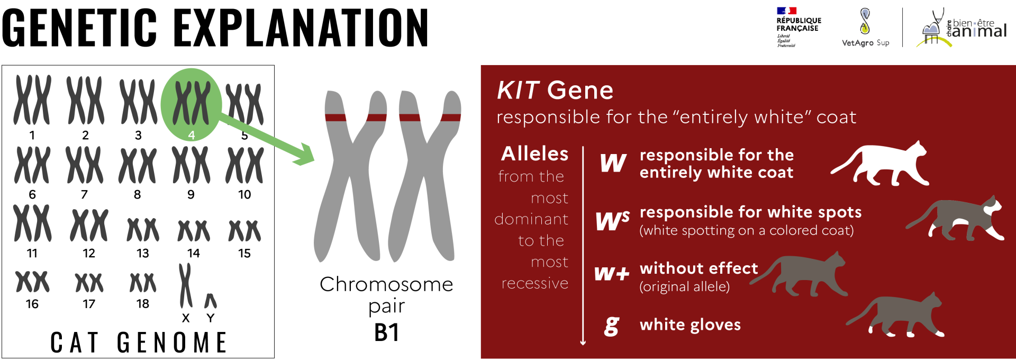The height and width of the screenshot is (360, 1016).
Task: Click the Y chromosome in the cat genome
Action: click(211, 301)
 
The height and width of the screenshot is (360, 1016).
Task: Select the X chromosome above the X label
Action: click(185, 286)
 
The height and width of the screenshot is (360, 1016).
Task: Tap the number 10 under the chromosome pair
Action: click(244, 195)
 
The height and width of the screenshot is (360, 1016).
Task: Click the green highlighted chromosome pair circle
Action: click(191, 104)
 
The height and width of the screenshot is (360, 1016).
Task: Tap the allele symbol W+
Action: click(612, 273)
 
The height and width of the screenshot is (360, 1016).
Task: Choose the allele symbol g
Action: click(612, 326)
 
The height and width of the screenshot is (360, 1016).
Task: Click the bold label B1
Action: click(387, 332)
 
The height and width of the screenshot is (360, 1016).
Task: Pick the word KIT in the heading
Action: click(518, 91)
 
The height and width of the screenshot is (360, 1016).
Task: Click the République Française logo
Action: click(799, 27)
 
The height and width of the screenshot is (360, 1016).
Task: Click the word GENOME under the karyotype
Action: click(172, 343)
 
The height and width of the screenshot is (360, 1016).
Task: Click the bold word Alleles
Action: click(535, 154)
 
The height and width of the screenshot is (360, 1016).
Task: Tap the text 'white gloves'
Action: click(690, 325)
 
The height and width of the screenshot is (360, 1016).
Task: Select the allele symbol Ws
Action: click(612, 220)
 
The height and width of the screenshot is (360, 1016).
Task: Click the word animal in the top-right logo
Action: click(979, 31)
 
